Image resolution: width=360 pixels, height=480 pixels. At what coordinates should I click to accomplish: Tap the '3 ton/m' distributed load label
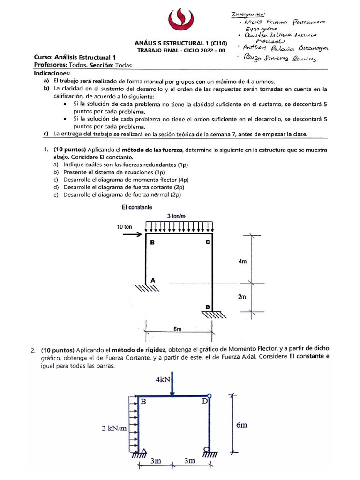click(x=177, y=216)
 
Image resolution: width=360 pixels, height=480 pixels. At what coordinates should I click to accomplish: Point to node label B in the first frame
click(x=151, y=243)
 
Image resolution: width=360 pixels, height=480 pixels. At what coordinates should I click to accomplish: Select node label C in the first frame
click(x=207, y=243)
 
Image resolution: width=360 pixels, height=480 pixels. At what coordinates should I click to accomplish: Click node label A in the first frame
click(x=151, y=280)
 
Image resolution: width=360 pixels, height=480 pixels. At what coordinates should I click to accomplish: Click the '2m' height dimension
click(x=242, y=297)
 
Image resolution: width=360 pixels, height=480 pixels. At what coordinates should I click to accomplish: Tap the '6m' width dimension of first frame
click(x=177, y=330)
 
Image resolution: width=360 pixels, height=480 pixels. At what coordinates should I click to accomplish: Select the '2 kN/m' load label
click(x=112, y=428)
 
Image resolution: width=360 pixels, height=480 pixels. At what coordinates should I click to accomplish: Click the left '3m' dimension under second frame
click(x=156, y=461)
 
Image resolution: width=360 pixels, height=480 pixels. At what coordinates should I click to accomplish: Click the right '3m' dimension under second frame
click(x=190, y=461)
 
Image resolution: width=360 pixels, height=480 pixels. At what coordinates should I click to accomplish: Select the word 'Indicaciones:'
click(x=52, y=74)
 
